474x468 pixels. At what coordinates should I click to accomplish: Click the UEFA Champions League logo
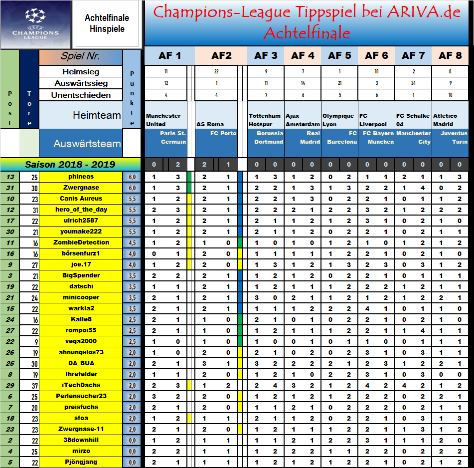click(35, 24)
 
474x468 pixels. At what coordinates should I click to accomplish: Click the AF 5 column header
click(339, 55)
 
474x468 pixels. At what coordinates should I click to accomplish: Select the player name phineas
click(81, 177)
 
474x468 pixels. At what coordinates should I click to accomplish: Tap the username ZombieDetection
click(81, 242)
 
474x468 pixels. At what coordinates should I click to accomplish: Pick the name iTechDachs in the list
click(81, 385)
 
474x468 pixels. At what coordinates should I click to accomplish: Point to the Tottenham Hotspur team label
click(265, 120)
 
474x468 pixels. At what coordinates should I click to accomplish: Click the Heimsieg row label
click(81, 72)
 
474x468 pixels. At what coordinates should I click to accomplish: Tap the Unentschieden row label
click(81, 95)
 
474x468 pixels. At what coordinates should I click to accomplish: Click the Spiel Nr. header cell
click(81, 56)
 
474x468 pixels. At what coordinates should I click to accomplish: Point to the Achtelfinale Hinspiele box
click(107, 23)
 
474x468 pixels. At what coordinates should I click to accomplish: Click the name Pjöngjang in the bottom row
click(81, 462)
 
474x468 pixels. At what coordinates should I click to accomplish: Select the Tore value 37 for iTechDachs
click(29, 385)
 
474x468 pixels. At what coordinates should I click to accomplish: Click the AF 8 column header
click(450, 55)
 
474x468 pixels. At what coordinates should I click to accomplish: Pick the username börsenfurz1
click(81, 253)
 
